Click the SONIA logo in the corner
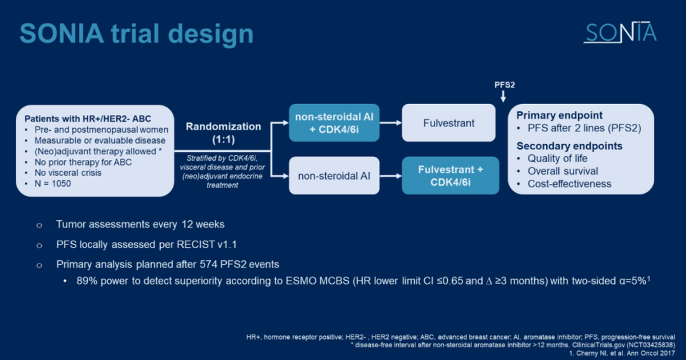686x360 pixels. pyautogui.click(x=619, y=33)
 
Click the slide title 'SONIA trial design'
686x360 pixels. pyautogui.click(x=137, y=34)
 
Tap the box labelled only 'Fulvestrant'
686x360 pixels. pyautogui.click(x=448, y=123)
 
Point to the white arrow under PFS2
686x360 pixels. pyautogui.click(x=502, y=97)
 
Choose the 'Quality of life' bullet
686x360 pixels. pyautogui.click(x=558, y=159)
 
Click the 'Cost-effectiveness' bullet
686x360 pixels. pyautogui.click(x=569, y=184)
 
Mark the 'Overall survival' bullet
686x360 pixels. pyautogui.click(x=563, y=171)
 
